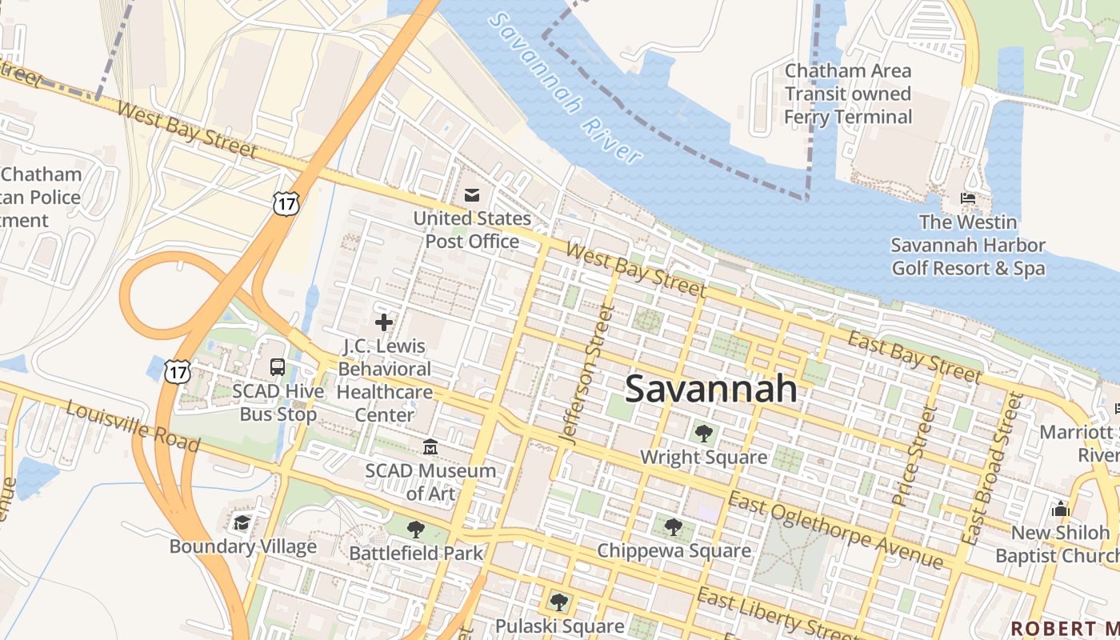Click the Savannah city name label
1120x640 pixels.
coord(710,389)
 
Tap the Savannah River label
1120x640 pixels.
coord(566,88)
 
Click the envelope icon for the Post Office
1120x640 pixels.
coord(472,194)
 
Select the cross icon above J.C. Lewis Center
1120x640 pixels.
coord(384,322)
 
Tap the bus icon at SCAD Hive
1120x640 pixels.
coord(278,367)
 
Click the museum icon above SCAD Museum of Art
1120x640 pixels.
coord(430,446)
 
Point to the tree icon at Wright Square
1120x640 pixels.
coord(704,434)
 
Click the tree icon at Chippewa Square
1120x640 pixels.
coord(674,526)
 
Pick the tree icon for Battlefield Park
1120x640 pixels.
coord(415,529)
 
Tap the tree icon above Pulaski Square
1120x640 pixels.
coord(558,602)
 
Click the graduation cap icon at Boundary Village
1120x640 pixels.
coord(242,522)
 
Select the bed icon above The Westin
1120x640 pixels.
coord(968,198)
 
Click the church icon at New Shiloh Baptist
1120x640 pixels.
coord(1061,509)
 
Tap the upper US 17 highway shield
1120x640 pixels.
coord(286,202)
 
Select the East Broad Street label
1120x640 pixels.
coord(993,469)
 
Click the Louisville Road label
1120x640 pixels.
coord(132,426)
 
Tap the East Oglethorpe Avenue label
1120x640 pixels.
coord(835,530)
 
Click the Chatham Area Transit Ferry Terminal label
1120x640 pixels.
coord(848,94)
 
